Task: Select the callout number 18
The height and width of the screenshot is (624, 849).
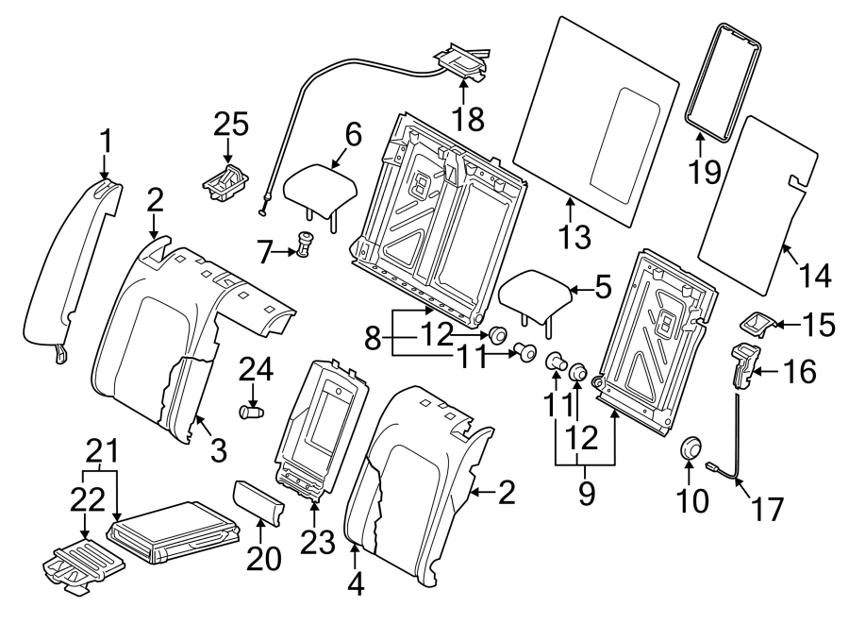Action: pyautogui.click(x=468, y=118)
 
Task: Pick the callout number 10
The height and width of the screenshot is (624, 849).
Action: pyautogui.click(x=691, y=500)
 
